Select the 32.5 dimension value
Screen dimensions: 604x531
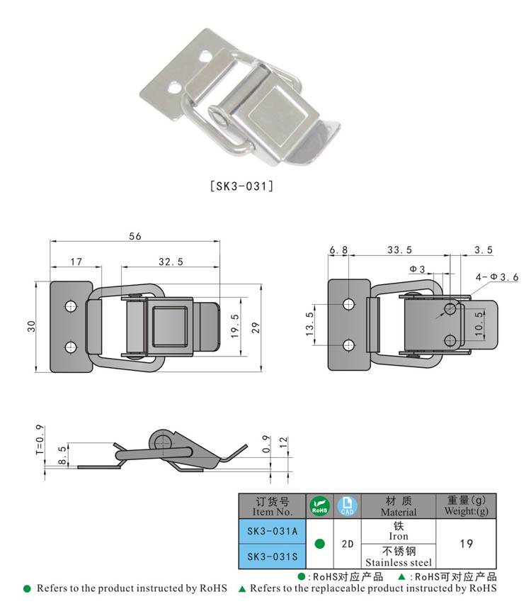click(x=171, y=262)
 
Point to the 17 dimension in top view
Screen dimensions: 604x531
click(x=76, y=262)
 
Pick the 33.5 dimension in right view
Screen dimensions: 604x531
click(x=399, y=250)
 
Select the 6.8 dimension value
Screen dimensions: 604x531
click(x=338, y=250)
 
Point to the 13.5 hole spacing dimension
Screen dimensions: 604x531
click(x=309, y=325)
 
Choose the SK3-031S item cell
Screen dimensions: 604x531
click(x=272, y=556)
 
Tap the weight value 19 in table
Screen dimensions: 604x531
click(x=466, y=544)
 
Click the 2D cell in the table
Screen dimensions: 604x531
click(x=348, y=544)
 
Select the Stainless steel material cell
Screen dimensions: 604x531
click(x=399, y=556)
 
